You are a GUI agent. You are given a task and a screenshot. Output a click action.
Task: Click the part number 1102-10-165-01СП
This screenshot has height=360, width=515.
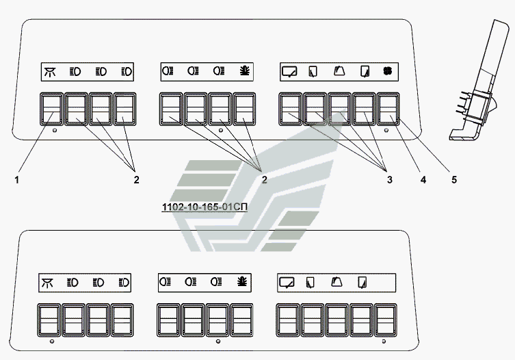click(204, 207)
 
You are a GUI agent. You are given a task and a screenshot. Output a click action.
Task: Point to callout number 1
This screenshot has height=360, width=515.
click(16, 180)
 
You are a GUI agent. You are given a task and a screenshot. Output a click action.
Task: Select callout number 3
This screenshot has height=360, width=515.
click(390, 180)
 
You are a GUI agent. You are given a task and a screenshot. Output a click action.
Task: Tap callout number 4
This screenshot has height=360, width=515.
click(423, 180)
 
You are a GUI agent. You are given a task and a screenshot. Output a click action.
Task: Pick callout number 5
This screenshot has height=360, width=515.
click(454, 180)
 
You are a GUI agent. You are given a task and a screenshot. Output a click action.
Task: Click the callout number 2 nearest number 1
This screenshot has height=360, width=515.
click(136, 180)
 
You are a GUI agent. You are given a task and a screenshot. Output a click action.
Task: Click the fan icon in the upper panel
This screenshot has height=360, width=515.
click(388, 71)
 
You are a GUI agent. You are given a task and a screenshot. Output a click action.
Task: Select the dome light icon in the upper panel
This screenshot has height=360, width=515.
click(50, 72)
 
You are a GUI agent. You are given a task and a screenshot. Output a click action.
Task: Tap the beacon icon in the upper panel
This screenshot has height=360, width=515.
click(245, 71)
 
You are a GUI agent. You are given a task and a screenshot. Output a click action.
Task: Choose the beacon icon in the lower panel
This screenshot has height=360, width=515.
click(242, 282)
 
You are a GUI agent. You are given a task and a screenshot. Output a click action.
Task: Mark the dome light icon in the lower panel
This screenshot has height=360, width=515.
click(48, 283)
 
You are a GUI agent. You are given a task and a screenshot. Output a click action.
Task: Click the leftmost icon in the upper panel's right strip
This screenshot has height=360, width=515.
click(289, 71)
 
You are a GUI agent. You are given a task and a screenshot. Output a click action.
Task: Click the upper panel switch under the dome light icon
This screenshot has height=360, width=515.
click(51, 109)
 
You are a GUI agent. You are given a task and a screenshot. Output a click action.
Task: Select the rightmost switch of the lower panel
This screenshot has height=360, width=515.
click(386, 320)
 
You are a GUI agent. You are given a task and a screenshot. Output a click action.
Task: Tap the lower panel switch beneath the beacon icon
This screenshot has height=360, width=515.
click(242, 320)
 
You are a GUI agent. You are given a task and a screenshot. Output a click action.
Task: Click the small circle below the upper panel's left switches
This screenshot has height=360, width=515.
click(55, 131)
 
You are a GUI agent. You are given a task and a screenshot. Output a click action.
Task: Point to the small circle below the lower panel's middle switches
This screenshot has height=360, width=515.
click(218, 342)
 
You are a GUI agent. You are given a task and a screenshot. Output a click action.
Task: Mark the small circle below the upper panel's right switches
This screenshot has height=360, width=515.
click(386, 131)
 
